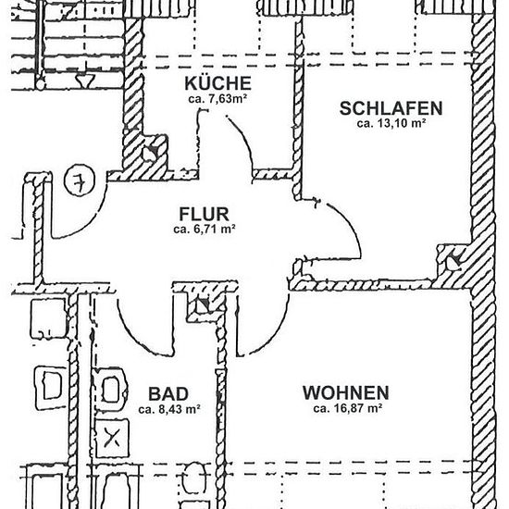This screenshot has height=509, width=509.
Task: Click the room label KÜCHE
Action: coord(217,83)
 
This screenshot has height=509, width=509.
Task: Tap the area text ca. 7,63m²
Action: coord(217,99)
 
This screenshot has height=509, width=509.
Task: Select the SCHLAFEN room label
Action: coord(391,108)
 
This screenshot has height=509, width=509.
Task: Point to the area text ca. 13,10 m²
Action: coord(391,123)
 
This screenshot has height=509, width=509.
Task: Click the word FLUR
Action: coord(205,215)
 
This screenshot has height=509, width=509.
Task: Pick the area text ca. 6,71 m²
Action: coord(205,230)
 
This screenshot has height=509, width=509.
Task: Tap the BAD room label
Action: coord(168,394)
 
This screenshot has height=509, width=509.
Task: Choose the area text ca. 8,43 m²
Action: coord(168,409)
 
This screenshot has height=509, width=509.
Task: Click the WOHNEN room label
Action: coord(346,392)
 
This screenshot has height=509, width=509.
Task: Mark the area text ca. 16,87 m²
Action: coord(347,408)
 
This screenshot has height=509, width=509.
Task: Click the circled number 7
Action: coord(80,180)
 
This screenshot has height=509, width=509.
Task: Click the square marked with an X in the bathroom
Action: coord(112,439)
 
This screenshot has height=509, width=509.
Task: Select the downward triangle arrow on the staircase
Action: coord(85,81)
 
